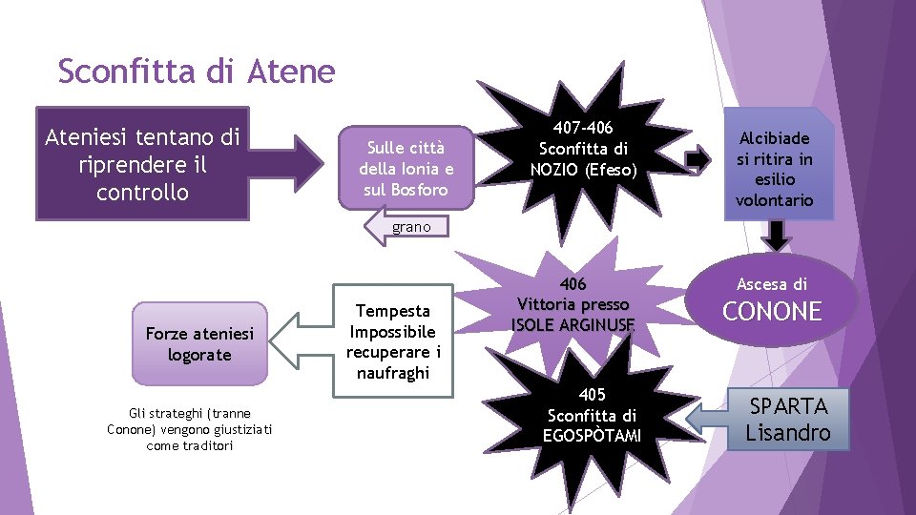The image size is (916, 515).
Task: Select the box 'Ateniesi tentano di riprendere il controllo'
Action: [143, 164]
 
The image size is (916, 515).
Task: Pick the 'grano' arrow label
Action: [410, 228]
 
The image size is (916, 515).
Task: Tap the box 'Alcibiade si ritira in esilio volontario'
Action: [775, 169]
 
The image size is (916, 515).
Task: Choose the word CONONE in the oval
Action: [772, 312]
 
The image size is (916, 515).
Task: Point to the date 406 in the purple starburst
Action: [572, 284]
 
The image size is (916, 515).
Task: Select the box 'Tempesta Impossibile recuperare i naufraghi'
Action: [393, 340]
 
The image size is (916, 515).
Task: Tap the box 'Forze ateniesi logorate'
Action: [187, 343]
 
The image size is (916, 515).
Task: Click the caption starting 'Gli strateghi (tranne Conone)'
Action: [190, 429]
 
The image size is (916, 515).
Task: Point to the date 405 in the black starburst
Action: [592, 395]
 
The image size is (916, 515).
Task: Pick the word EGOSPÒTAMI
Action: [592, 436]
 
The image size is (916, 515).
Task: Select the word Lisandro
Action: [788, 433]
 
